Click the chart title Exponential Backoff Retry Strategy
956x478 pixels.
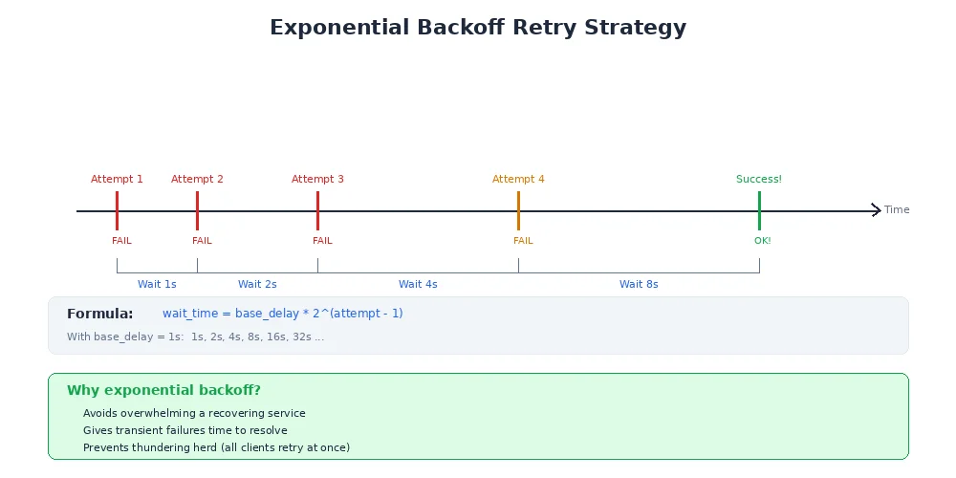point(478,27)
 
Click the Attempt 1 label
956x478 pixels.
point(117,179)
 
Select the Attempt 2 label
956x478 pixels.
point(197,179)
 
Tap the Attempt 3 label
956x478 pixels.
point(317,179)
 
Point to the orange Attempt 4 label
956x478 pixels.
point(518,179)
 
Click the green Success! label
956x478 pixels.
point(759,179)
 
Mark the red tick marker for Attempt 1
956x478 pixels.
point(117,210)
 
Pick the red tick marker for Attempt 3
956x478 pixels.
point(317,210)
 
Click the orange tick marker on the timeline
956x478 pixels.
point(518,210)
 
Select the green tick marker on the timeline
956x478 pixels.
point(759,210)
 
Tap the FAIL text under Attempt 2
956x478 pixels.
point(202,241)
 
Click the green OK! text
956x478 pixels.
point(762,241)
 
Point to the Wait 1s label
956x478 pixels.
point(157,284)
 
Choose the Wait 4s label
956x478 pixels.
point(418,284)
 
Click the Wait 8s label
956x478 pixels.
point(639,284)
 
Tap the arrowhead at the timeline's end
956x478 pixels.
point(877,210)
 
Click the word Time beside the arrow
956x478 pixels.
point(897,210)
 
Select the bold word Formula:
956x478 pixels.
point(100,314)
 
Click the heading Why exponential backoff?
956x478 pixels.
point(163,390)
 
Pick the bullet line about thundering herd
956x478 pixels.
point(216,447)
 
